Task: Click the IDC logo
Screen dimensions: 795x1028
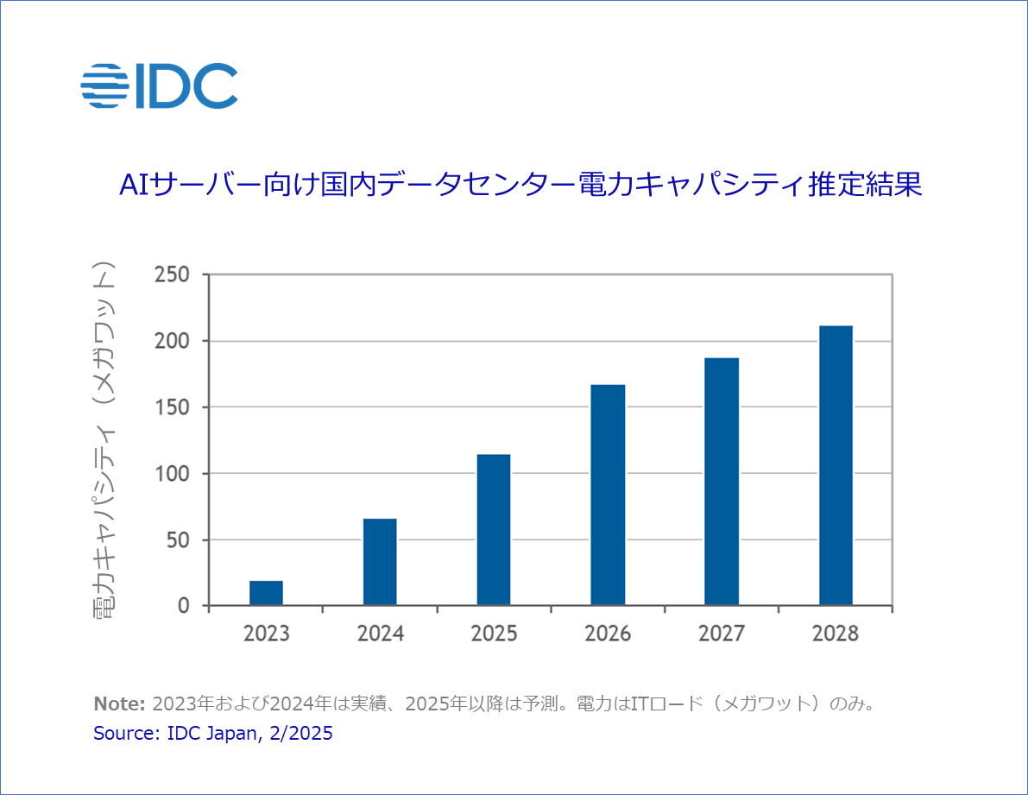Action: (159, 85)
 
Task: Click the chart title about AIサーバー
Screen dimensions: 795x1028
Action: (520, 185)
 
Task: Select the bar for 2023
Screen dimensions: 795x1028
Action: (266, 593)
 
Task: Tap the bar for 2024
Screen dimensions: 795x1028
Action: (380, 562)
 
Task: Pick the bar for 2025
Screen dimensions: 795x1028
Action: (494, 530)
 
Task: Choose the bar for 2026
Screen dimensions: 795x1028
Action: (608, 495)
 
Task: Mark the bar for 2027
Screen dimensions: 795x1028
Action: (722, 482)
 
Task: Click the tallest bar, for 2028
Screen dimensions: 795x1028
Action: (836, 465)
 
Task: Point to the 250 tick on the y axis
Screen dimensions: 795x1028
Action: (173, 274)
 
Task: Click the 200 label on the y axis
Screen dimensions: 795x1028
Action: (173, 341)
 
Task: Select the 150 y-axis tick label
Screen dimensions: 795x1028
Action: (173, 407)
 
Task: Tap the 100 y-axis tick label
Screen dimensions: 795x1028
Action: (173, 474)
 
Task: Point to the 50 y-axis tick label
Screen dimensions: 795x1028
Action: (178, 540)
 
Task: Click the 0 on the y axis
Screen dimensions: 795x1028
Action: (182, 606)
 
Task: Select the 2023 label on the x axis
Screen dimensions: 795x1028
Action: (266, 634)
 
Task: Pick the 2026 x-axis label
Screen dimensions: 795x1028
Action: (608, 634)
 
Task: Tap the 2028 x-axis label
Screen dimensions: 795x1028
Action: (836, 634)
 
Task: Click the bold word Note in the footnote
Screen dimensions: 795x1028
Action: (119, 704)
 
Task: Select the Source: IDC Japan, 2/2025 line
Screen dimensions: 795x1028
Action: (212, 734)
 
